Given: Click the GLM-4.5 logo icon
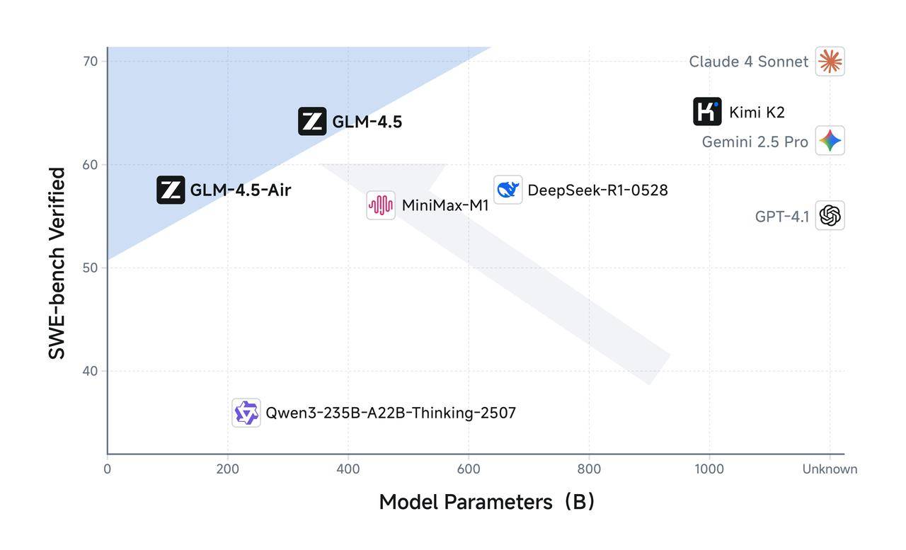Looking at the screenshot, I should click(x=312, y=121).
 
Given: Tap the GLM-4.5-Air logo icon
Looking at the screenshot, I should click(x=171, y=190).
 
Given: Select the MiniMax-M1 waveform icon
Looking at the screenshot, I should click(x=381, y=205).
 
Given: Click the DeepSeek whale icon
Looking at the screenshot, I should click(x=508, y=190).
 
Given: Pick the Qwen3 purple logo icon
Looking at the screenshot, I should click(x=246, y=413).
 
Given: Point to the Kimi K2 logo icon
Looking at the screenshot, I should click(x=707, y=112).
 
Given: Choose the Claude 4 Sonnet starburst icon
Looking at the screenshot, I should click(x=830, y=62).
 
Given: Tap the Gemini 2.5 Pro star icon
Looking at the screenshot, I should click(x=830, y=141).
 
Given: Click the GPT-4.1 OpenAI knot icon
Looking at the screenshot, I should click(x=830, y=215).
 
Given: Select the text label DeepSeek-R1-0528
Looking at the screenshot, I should click(x=597, y=190).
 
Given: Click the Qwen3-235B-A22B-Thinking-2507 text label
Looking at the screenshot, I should click(x=391, y=413).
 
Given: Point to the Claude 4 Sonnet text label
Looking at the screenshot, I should click(x=748, y=62).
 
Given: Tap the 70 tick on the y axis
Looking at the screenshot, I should click(x=91, y=62).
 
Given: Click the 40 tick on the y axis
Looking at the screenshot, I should click(x=91, y=371).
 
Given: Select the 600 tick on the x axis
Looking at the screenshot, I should click(x=468, y=469).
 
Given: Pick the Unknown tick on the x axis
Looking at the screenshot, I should click(x=830, y=469).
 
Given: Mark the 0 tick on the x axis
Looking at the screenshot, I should click(x=107, y=469).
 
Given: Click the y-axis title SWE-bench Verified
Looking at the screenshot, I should click(x=57, y=263).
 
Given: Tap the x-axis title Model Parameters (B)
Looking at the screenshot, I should click(x=487, y=502).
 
